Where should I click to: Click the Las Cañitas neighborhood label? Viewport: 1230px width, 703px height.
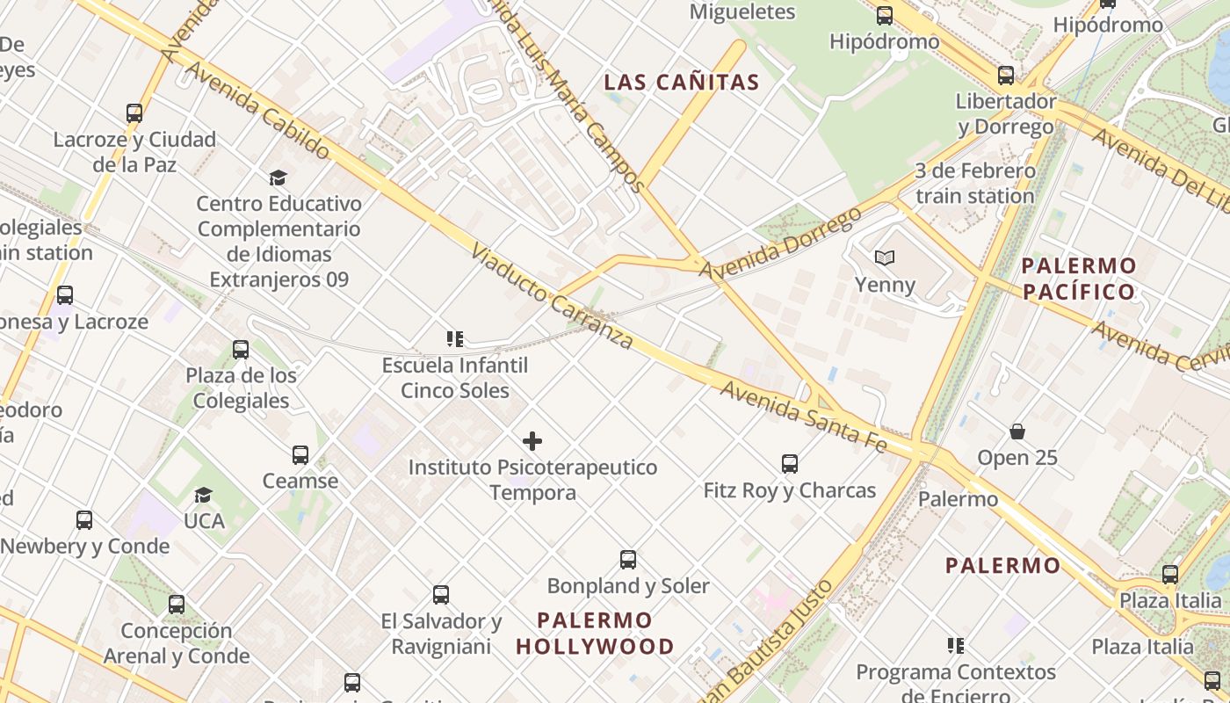click(x=682, y=83)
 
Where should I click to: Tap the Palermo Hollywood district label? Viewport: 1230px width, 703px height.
click(x=595, y=634)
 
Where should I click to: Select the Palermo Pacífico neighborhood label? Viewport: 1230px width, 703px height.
click(x=1079, y=279)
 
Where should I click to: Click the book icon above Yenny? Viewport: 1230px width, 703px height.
click(x=885, y=257)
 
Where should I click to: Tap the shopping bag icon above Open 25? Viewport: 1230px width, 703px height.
click(x=1017, y=431)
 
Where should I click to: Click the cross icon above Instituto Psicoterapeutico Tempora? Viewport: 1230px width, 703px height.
click(x=532, y=441)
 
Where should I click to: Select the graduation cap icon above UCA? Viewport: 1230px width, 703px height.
click(x=204, y=496)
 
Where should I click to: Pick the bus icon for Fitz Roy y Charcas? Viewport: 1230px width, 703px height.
click(x=790, y=464)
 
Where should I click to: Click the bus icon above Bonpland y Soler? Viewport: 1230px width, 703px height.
click(x=628, y=560)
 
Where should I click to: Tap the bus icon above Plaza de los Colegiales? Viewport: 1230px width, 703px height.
click(x=241, y=350)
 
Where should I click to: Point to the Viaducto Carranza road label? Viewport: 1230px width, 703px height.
click(x=552, y=297)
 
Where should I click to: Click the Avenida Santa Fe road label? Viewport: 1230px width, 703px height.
click(x=803, y=417)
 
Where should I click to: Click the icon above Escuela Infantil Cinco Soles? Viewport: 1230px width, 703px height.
click(x=455, y=339)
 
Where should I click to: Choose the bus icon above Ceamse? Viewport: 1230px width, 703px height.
click(x=300, y=455)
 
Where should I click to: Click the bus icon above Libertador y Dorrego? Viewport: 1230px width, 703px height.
click(x=1006, y=76)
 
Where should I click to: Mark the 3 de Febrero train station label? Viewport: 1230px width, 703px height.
click(x=974, y=183)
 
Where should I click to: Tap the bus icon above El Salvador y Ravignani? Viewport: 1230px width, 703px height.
click(x=441, y=595)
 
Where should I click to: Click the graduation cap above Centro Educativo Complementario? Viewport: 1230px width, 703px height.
click(x=279, y=178)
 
